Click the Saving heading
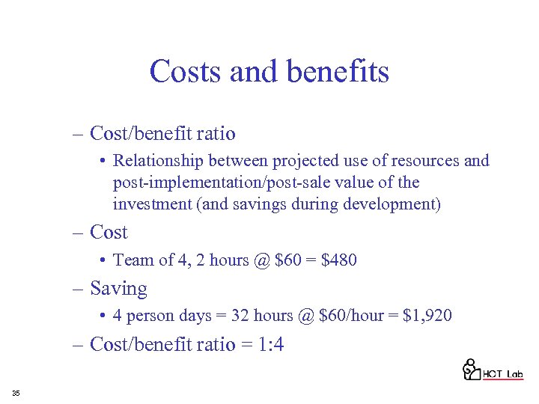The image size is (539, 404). point(118,288)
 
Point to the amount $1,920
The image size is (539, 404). point(427,316)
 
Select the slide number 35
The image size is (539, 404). point(16,394)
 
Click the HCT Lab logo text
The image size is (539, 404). point(502,374)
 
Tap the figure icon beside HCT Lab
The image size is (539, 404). point(471,370)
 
